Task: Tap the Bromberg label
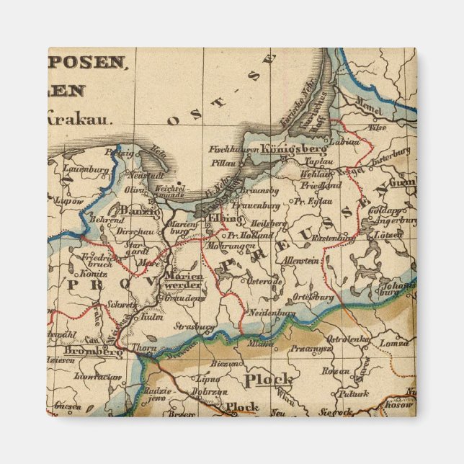pos(94,352)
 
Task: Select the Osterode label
pos(265,281)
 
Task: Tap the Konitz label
pos(94,274)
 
